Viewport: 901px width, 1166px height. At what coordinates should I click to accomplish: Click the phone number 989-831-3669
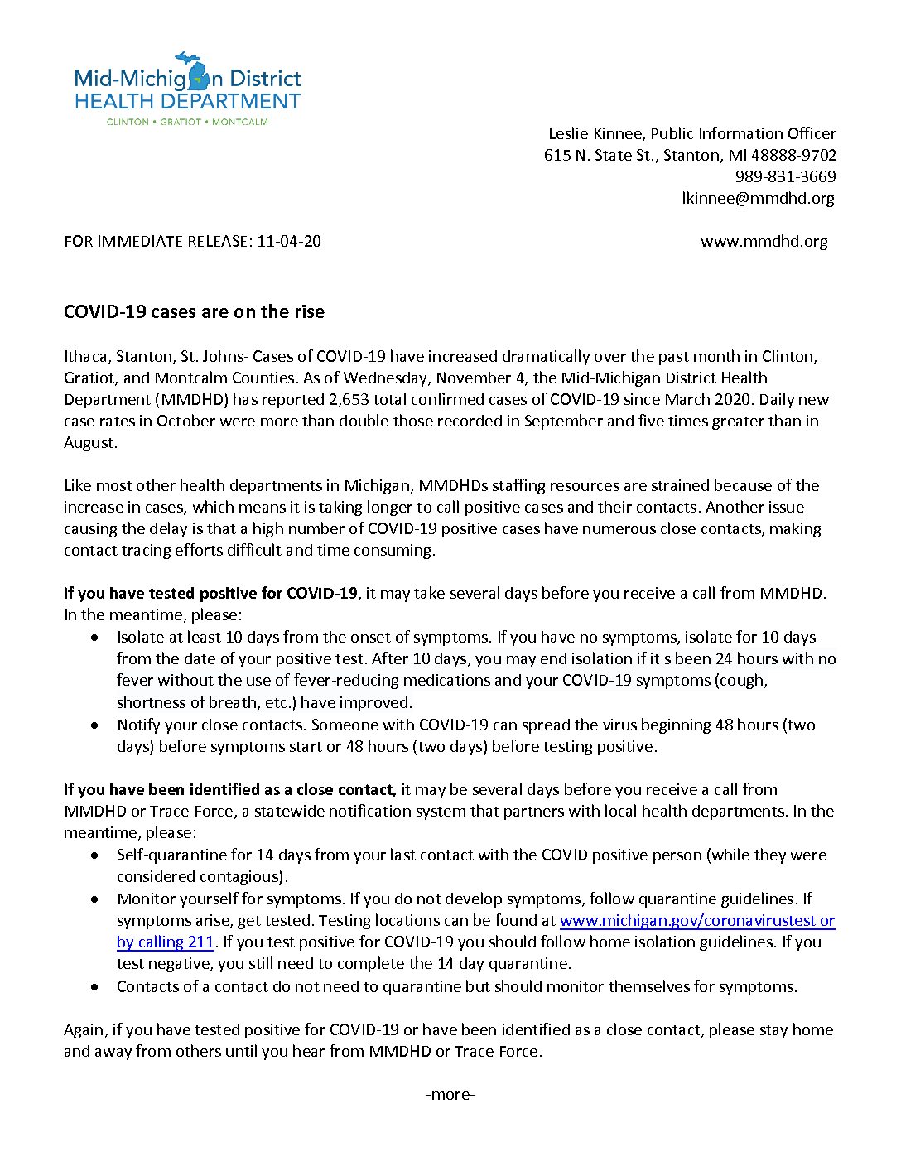point(785,176)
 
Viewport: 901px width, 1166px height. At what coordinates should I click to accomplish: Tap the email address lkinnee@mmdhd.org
point(758,198)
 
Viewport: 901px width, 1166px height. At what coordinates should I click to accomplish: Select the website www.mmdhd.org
point(764,241)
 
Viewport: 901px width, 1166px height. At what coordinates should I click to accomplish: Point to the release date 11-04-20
point(289,241)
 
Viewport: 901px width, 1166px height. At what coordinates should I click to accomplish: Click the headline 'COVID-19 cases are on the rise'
point(194,311)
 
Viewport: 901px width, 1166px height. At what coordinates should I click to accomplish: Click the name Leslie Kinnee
point(595,133)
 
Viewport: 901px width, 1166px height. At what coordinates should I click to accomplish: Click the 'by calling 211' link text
point(166,942)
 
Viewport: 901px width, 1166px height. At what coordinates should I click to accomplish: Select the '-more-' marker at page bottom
point(450,1094)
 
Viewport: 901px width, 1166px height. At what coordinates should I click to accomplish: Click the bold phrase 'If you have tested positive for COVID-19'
point(210,593)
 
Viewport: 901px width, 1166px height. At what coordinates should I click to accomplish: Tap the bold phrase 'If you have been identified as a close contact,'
point(230,789)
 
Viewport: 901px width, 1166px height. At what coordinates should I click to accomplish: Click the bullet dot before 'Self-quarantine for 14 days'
point(98,855)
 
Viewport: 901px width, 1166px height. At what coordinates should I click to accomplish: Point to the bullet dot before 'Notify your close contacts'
point(98,725)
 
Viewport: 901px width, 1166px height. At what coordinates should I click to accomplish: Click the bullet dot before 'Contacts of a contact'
point(98,986)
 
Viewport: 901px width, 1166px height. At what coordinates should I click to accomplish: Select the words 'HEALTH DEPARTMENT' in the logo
point(187,102)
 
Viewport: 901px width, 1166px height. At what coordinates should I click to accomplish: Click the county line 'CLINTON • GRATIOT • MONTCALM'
point(187,122)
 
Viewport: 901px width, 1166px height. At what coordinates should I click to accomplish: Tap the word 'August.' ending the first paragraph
point(91,442)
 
